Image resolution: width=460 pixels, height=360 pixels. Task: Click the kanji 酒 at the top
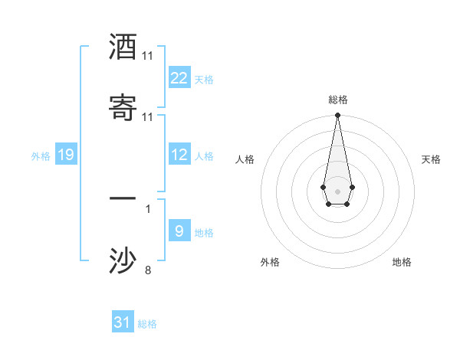123,47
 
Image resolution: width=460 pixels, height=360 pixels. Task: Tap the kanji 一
123,198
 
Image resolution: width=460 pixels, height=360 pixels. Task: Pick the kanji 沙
123,260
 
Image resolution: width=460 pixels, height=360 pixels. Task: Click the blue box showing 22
179,78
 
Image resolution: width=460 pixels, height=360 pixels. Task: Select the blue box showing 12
179,155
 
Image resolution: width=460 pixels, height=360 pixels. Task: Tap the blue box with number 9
179,231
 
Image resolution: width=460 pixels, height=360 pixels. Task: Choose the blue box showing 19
65,155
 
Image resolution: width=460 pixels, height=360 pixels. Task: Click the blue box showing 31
123,322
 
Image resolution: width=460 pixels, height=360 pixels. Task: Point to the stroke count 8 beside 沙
148,270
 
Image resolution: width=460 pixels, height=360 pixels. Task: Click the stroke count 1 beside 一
148,208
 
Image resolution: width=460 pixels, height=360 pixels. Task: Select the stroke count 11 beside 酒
147,56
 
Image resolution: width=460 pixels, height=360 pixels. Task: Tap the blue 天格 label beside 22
204,79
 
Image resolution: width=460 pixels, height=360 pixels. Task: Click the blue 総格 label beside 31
147,324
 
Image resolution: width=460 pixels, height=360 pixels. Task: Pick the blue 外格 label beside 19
41,156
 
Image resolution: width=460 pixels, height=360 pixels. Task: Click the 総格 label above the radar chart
338,100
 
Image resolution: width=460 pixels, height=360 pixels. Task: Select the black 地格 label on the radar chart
402,262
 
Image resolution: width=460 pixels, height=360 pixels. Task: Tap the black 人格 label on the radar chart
245,159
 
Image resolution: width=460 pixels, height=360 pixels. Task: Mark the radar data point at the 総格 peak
337,116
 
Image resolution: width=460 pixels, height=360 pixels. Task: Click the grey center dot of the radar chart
337,190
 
